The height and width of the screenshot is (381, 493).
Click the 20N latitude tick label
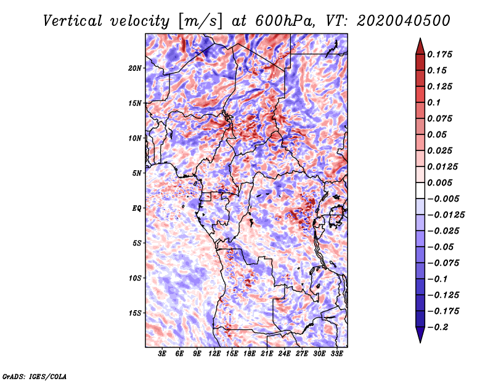(135, 68)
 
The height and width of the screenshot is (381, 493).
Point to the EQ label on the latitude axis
(137, 208)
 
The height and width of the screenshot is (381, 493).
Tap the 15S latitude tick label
(135, 313)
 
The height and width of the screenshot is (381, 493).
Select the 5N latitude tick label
(137, 173)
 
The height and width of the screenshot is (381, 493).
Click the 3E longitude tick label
(162, 354)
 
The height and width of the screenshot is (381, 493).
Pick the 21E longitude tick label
(267, 354)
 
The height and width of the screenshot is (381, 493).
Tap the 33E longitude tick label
(336, 354)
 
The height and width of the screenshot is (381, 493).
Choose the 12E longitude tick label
(214, 354)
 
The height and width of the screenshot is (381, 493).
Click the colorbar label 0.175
(439, 54)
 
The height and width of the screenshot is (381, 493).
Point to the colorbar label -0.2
(438, 327)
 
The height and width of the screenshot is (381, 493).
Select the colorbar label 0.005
(439, 182)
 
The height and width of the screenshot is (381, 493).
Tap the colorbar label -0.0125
(446, 215)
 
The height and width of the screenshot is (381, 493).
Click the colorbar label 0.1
(434, 102)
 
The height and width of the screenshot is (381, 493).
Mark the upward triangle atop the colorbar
(420, 46)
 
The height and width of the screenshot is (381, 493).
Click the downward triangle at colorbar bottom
(420, 335)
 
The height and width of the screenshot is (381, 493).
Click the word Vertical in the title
(73, 21)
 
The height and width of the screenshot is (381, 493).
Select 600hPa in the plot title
(285, 21)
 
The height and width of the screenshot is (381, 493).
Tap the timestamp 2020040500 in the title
(404, 21)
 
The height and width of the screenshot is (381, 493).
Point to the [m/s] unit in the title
(200, 21)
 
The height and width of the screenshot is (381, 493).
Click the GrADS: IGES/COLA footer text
(35, 377)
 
